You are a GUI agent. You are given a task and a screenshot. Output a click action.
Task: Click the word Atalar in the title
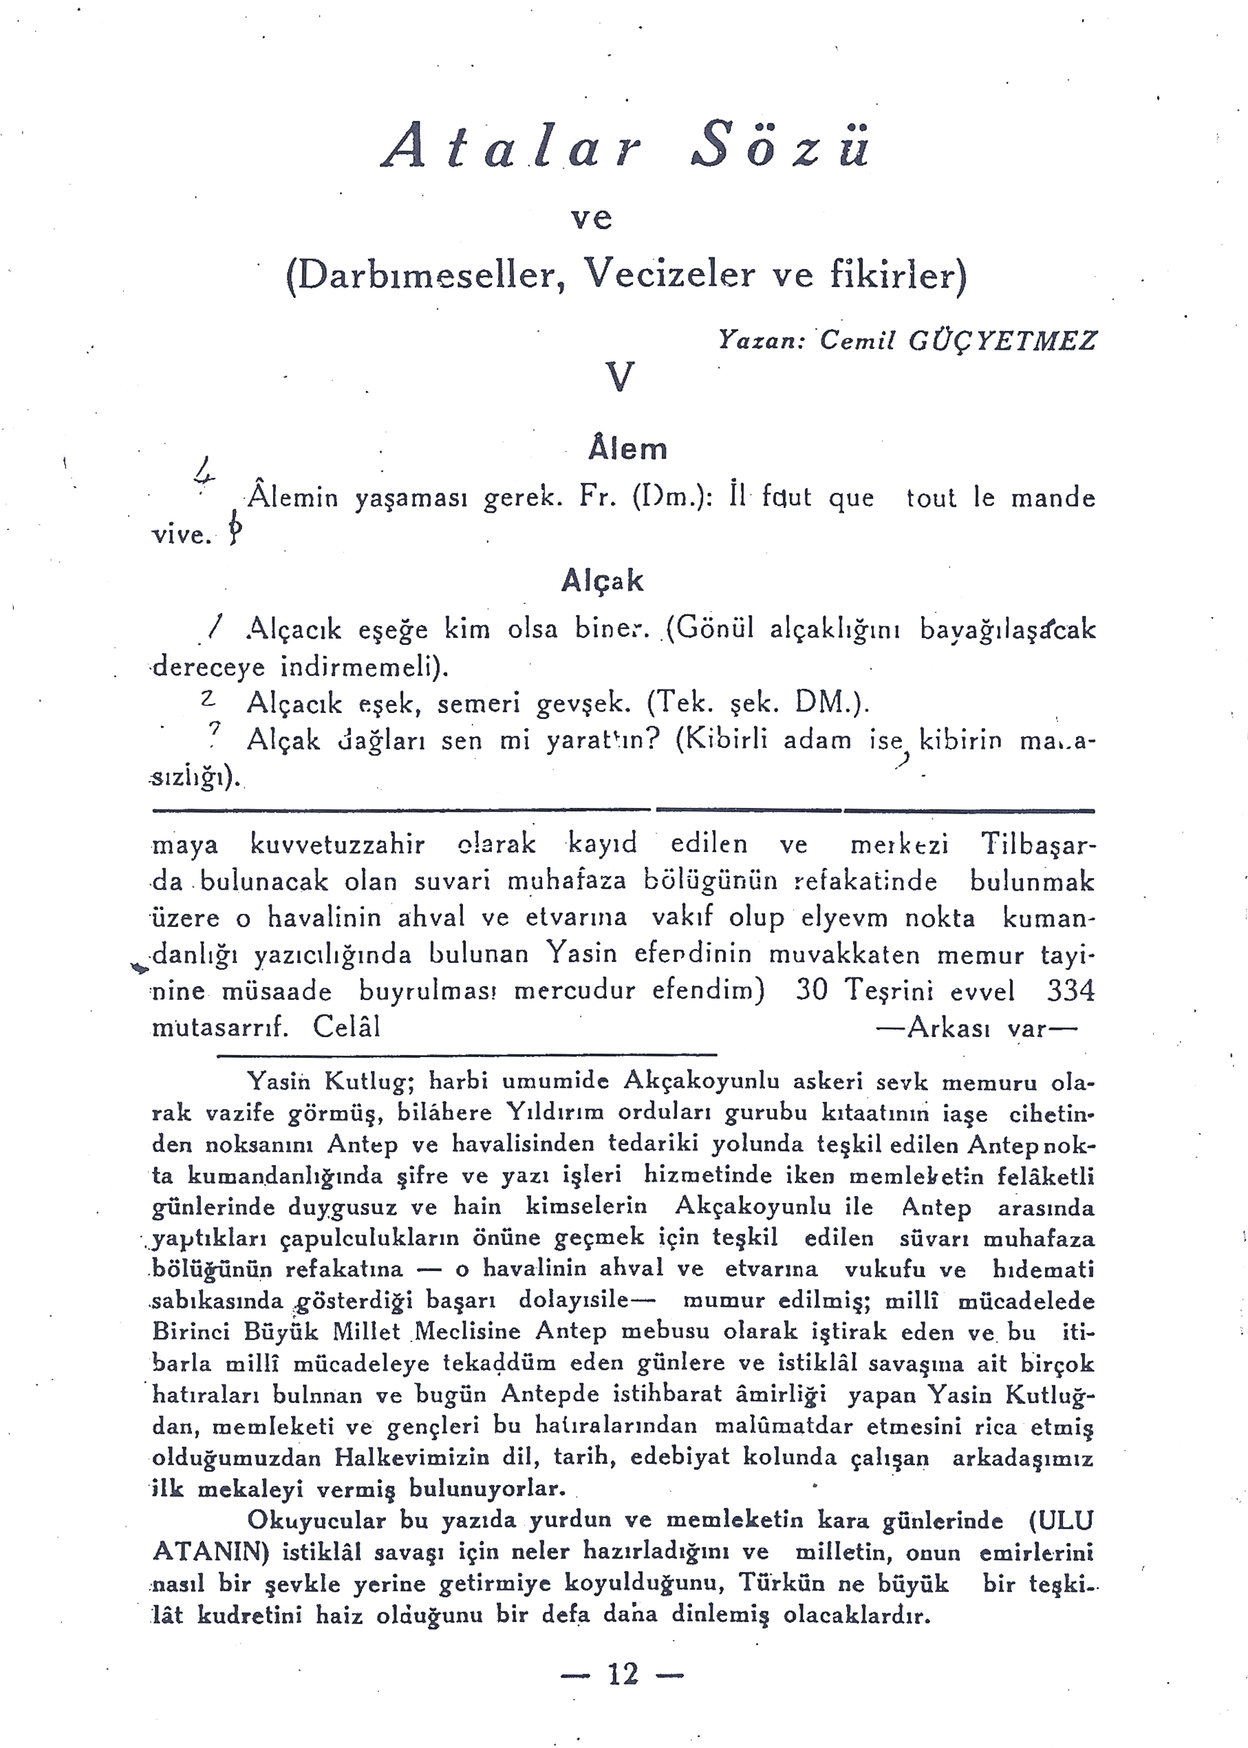(x=512, y=146)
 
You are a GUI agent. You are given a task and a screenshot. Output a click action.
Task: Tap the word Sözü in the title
(x=782, y=146)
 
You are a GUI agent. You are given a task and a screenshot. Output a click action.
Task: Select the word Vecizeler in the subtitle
(x=669, y=274)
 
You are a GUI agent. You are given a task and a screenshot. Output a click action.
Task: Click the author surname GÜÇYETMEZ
(x=1002, y=340)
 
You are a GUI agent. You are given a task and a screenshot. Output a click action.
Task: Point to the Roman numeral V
(x=620, y=377)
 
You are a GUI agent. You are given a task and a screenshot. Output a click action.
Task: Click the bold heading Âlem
(x=627, y=448)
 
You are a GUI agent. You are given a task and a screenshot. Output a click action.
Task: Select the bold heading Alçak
(x=602, y=580)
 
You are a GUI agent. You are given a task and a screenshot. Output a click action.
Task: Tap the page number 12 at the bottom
(x=623, y=1674)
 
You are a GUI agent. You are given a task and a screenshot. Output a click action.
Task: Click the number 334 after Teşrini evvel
(x=1070, y=990)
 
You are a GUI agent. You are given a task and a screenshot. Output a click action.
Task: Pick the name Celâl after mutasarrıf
(x=347, y=1027)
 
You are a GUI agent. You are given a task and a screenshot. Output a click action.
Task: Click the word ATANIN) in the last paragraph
(x=211, y=1552)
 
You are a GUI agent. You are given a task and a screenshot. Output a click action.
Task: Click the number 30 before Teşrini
(x=812, y=990)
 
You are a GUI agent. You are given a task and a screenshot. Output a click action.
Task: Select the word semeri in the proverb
(x=479, y=703)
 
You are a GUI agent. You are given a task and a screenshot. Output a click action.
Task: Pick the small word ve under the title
(x=591, y=218)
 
